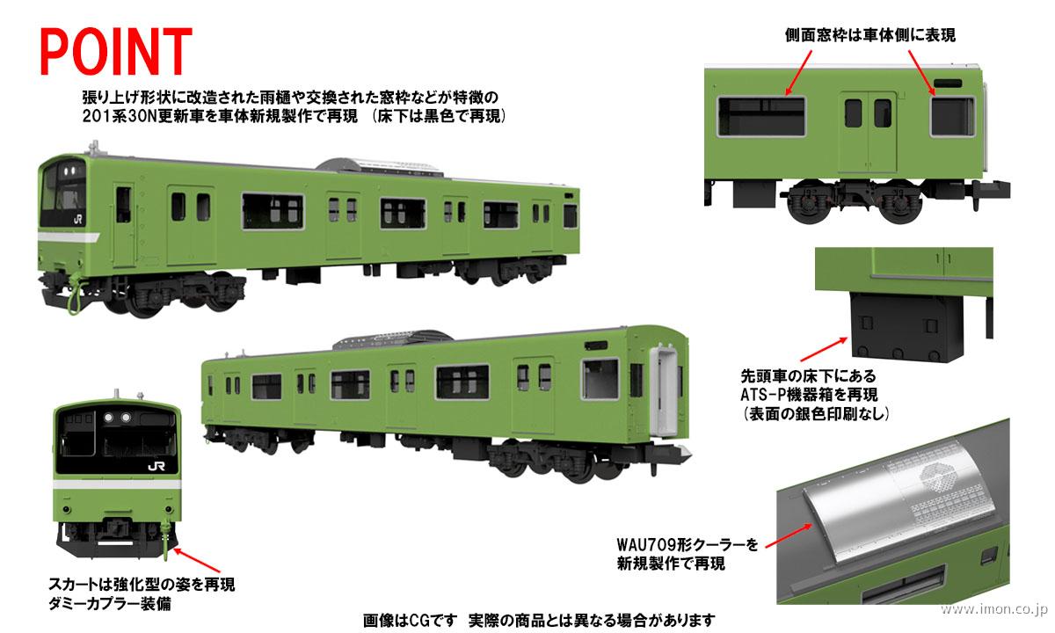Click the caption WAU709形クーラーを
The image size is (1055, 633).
689,545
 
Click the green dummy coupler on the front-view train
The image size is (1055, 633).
164,542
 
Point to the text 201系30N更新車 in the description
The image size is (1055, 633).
131,115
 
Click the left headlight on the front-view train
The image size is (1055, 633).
109,415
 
